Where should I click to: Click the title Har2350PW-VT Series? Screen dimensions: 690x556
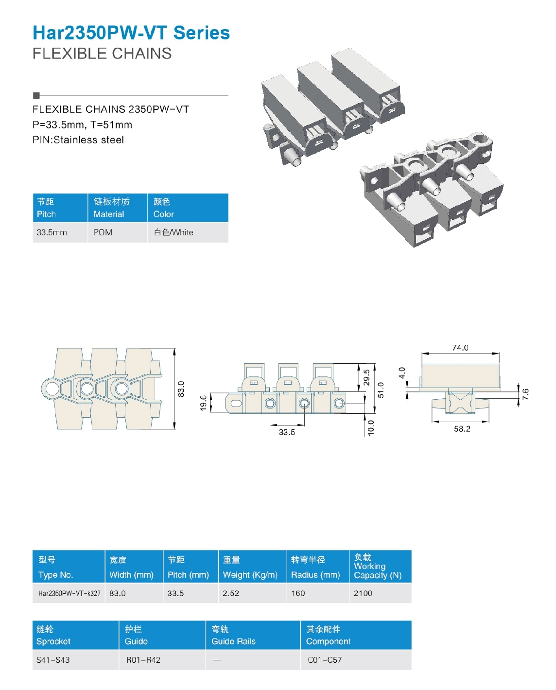131,33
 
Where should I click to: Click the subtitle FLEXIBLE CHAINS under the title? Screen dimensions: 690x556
102,53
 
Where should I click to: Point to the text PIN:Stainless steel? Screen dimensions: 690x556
78,140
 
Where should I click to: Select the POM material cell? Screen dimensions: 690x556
103,232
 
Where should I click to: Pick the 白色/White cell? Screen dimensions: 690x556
174,232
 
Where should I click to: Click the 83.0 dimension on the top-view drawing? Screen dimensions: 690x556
181,389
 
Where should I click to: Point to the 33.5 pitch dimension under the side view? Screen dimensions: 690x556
287,432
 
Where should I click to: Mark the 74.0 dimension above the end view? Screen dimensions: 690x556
460,348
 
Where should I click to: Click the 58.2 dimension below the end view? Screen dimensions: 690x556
462,429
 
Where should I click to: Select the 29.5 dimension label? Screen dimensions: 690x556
367,377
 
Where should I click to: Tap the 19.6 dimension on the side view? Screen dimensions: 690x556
204,403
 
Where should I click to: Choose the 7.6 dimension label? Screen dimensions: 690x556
525,394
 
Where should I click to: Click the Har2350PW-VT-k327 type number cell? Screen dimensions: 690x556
69,593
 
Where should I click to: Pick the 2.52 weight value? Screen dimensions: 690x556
231,593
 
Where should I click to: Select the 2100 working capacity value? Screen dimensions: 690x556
363,593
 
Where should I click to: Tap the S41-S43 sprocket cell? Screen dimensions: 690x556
53,660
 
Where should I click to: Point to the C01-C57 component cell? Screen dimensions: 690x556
325,660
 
